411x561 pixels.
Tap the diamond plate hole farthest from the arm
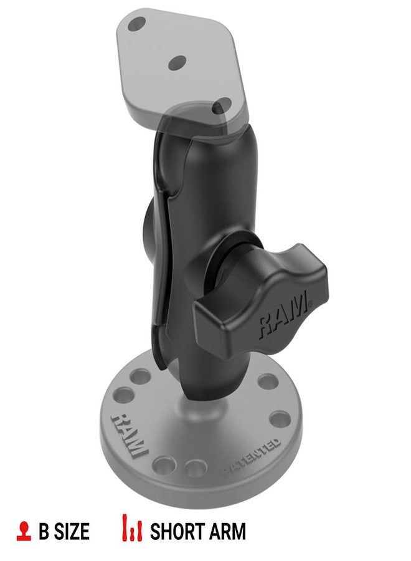click(136, 25)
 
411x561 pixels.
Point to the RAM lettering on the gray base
click(129, 433)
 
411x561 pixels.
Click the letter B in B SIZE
click(44, 531)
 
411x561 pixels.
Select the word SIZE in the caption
click(72, 531)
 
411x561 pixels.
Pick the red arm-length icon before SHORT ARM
click(131, 530)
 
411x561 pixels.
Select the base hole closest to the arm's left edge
click(141, 377)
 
